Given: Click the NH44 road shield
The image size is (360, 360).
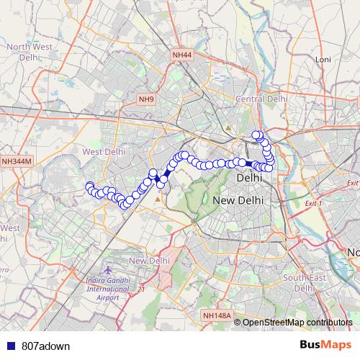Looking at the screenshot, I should coord(182,55).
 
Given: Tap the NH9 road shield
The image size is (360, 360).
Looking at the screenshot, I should coord(147,99).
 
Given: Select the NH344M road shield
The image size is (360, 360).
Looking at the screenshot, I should coord(17,162).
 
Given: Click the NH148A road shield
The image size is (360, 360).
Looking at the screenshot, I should coord(217,315).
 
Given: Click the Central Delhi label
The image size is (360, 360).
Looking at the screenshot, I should coord(262,99).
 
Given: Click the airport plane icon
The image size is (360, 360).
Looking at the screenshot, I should coord(108,269).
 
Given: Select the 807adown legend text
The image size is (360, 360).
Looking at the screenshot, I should coord(41,346).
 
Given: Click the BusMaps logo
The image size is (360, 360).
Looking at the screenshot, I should coord(325,346).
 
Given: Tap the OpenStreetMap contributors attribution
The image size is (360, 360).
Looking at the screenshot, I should coord(297,322).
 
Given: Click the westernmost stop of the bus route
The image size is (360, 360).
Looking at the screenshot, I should coord(90,187).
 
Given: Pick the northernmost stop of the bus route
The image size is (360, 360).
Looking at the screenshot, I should coord(256,135).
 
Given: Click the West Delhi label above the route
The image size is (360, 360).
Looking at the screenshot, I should coord(104,152).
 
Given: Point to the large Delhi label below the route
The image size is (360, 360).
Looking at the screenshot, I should coord(248,177).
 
